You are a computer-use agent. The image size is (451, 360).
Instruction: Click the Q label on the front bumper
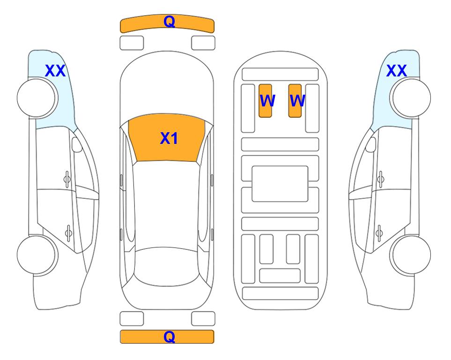coord(169,22)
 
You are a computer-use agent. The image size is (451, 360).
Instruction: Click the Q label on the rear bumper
coord(169,337)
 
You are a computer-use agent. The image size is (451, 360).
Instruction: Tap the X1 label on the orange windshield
coord(169,138)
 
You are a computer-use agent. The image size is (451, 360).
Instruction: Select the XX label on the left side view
coord(55,71)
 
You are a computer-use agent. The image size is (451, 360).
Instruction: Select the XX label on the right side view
coord(396,71)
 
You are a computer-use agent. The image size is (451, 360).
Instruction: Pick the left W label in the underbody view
coord(267,101)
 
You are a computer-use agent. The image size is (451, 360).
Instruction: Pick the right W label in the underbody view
coord(297,101)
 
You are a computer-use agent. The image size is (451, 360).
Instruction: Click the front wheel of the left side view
coord(36,98)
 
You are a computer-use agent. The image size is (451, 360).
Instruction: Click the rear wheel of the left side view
coord(36,255)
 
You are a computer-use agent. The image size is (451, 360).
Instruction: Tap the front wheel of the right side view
coord(412,98)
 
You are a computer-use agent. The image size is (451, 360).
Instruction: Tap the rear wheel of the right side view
coord(412,255)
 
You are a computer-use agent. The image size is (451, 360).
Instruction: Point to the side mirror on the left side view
coord(77,144)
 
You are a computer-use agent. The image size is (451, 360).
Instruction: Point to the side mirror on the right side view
coord(371,144)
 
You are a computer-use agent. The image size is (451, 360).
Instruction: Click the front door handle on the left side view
coord(67,179)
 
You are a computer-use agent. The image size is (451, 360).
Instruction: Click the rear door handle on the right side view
coord(379,233)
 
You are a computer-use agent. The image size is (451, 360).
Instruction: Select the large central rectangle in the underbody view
coord(280,184)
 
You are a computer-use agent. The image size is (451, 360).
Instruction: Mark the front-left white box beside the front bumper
coord(132,43)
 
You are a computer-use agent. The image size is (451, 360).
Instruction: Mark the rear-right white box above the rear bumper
coord(203,319)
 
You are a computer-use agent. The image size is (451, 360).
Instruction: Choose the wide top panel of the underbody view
coord(280,75)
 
